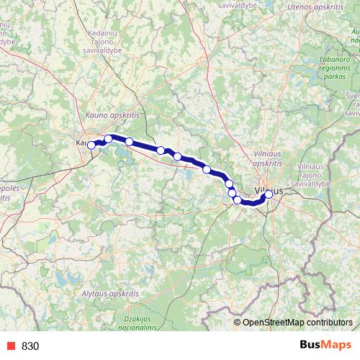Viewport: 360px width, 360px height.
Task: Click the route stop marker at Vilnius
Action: (x=269, y=194)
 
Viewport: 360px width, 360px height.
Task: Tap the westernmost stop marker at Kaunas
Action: (x=91, y=145)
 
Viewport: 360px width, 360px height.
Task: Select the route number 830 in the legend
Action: (x=30, y=346)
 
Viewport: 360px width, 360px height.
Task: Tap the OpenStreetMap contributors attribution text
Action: (x=297, y=323)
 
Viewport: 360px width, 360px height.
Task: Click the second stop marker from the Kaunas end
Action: (x=109, y=139)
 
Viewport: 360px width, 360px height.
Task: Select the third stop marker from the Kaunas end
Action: (x=129, y=141)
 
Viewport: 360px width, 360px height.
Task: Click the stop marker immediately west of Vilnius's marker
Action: (x=238, y=199)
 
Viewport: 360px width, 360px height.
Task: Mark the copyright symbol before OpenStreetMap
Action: (x=238, y=323)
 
